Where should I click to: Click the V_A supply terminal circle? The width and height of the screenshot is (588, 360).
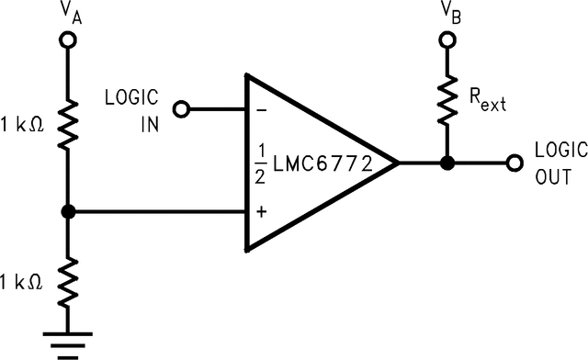68,40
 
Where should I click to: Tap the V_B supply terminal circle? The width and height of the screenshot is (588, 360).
447,40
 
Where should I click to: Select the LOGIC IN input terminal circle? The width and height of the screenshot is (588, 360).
181,109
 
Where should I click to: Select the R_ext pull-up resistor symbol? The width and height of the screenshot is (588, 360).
447,102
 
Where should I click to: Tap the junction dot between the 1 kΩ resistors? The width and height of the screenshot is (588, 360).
68,212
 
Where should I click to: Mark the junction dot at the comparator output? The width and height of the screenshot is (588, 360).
447,164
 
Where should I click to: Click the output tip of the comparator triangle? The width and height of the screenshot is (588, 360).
397,164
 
